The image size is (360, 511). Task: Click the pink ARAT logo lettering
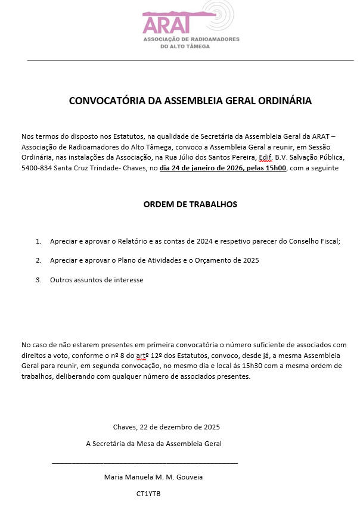(166, 24)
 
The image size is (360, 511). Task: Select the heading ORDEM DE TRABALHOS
(190, 204)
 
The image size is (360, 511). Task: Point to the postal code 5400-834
(36, 168)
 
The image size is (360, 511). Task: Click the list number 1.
(38, 241)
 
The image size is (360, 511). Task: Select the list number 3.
(38, 279)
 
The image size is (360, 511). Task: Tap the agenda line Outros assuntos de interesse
(97, 279)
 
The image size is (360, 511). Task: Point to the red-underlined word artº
(143, 355)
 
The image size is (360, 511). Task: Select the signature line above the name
(145, 462)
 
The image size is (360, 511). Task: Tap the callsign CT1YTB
(148, 494)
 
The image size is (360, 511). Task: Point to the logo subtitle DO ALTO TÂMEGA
(185, 46)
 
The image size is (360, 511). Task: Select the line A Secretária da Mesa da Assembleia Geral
(154, 444)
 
